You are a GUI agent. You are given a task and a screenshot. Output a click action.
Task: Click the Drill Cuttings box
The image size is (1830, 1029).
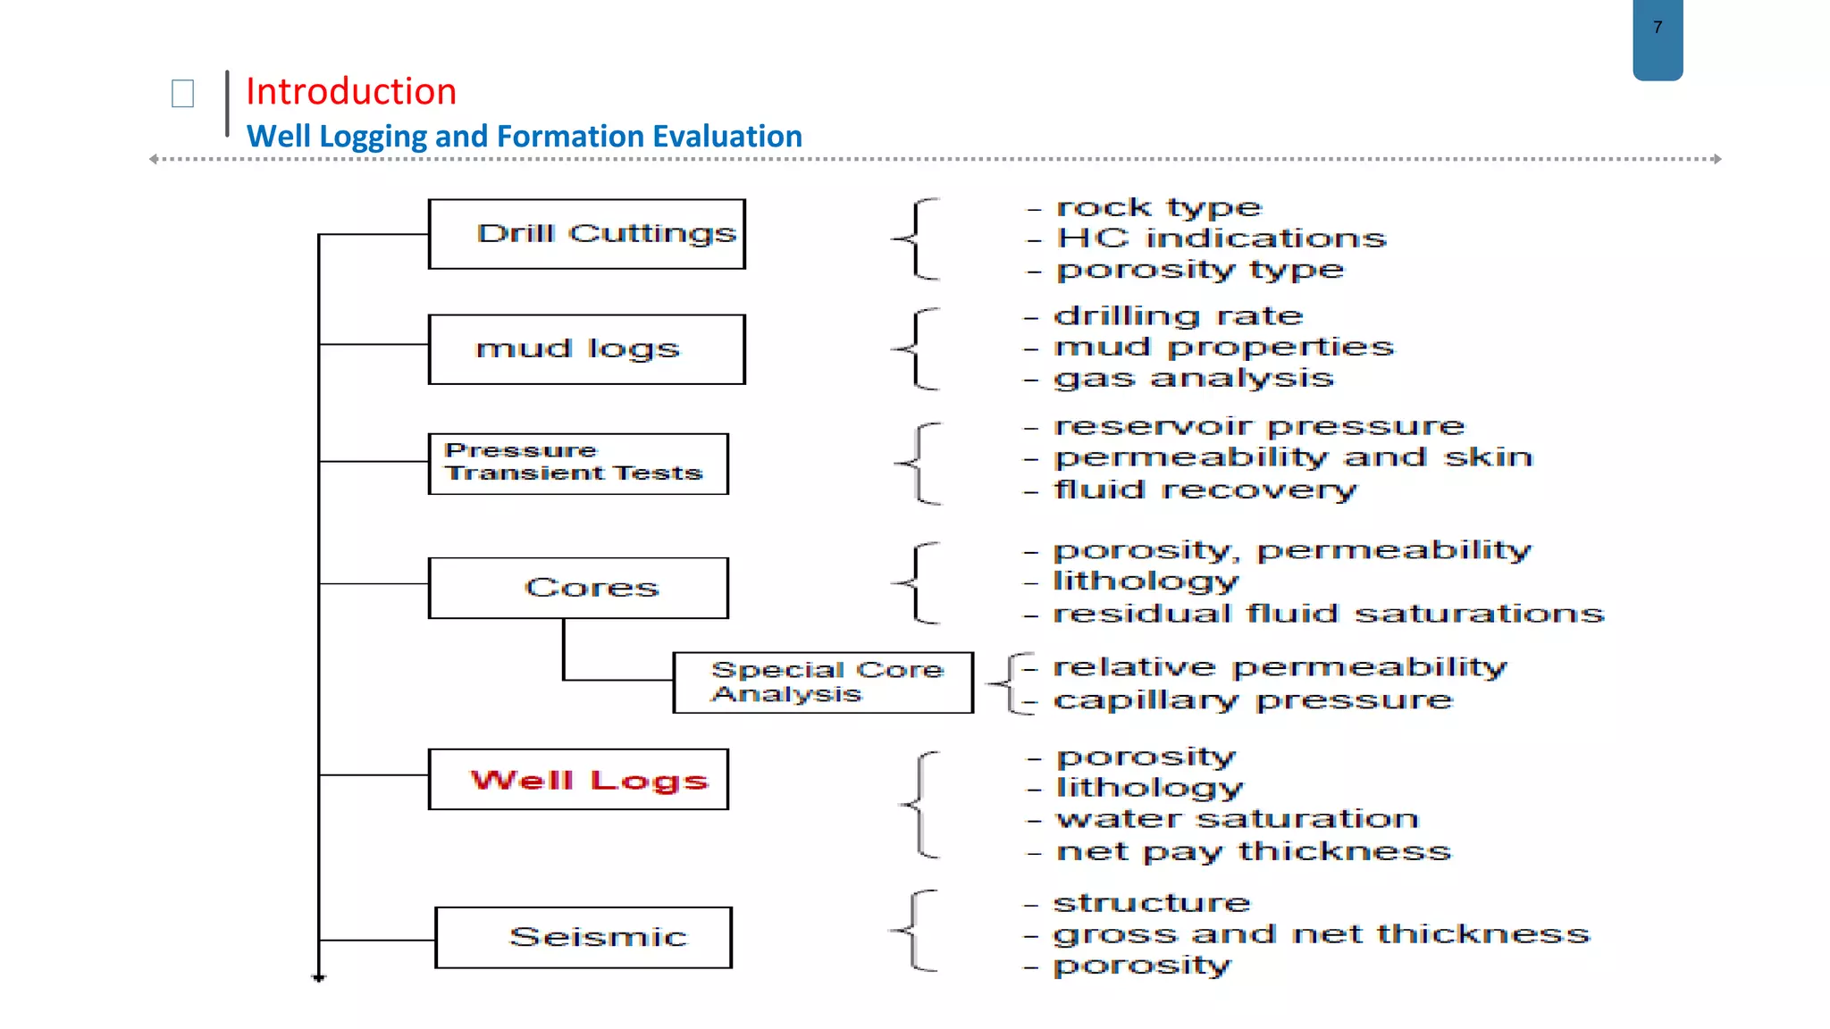tap(586, 234)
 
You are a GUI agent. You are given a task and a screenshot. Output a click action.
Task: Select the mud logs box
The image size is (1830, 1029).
tap(586, 349)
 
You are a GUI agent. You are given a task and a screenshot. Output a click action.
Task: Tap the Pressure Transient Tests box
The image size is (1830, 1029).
tap(578, 464)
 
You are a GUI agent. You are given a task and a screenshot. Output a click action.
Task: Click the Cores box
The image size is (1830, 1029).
tap(578, 588)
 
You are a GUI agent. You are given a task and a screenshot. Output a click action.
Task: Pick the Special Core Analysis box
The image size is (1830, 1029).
tap(822, 682)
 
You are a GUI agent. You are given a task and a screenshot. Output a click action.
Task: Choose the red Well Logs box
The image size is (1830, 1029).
tap(578, 780)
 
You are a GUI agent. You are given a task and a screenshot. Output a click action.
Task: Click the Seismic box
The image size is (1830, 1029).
tap(583, 937)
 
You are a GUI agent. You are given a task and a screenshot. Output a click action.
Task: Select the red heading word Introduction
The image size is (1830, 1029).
tap(351, 92)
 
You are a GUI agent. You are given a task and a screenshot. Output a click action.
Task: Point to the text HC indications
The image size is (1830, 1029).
tap(1221, 238)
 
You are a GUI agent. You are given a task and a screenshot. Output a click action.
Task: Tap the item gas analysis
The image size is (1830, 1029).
tap(1193, 379)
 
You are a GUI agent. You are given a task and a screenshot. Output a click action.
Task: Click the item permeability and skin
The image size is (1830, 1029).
tap(1292, 458)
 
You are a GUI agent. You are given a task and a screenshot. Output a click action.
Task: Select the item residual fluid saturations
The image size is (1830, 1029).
tap(1328, 615)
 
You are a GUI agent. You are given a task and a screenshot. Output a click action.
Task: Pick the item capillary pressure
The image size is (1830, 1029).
tap(1252, 700)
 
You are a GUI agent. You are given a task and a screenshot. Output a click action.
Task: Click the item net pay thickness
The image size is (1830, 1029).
tap(1253, 852)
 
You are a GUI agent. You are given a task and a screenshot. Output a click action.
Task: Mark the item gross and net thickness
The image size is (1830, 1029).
tap(1321, 934)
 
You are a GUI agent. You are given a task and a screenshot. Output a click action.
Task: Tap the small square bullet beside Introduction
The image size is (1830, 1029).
tap(182, 93)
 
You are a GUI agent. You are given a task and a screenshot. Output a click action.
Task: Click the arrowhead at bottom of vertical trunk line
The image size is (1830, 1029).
tap(318, 978)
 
